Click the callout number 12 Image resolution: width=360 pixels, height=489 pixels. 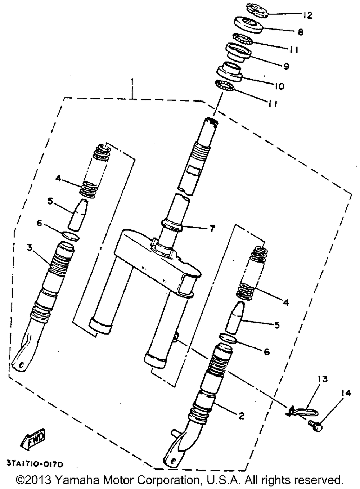click(x=307, y=15)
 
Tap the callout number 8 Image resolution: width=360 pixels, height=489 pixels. click(x=300, y=32)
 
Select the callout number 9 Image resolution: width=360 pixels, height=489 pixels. click(x=286, y=66)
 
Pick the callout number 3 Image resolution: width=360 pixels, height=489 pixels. click(x=30, y=247)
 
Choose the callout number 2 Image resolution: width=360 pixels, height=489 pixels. click(x=241, y=416)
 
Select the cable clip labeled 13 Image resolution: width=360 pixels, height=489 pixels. click(x=303, y=410)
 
